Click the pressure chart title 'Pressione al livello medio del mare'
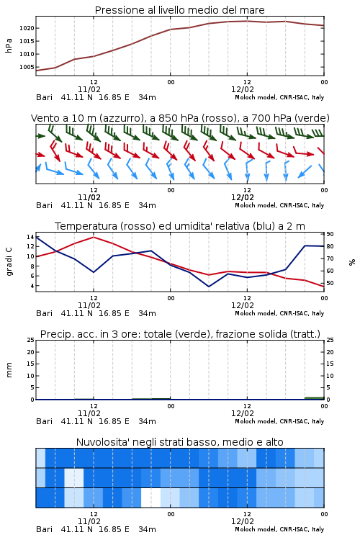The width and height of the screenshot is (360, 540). click(179, 10)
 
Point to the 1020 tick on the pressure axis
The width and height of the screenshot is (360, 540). click(27, 28)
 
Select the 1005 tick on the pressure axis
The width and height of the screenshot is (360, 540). click(27, 67)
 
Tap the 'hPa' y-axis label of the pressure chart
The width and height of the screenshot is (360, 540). click(9, 45)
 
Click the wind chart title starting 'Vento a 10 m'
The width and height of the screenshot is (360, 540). click(180, 119)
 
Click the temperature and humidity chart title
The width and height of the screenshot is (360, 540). click(180, 226)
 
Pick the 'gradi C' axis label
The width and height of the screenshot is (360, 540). click(9, 261)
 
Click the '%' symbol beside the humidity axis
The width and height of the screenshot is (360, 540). click(352, 262)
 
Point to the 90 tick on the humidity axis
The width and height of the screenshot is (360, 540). click(330, 234)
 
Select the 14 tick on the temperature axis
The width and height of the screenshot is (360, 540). click(30, 237)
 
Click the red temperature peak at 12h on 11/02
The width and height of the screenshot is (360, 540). click(94, 237)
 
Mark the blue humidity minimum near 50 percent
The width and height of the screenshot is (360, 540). click(208, 286)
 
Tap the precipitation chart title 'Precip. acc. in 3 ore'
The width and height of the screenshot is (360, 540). click(180, 334)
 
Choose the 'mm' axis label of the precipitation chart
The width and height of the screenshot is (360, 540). click(9, 370)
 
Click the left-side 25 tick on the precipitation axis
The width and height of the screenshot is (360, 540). click(30, 340)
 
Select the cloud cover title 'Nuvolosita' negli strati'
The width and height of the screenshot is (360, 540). click(179, 442)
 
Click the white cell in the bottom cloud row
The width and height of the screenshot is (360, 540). click(151, 498)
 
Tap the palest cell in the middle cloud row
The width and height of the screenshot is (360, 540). click(74, 477)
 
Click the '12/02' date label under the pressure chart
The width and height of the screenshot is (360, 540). click(242, 89)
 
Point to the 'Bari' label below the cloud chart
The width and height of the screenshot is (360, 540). click(45, 529)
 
